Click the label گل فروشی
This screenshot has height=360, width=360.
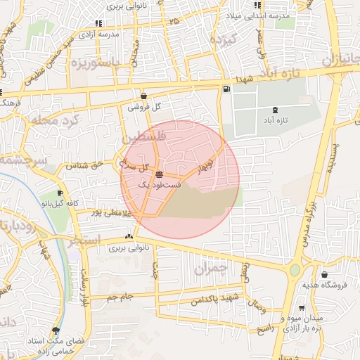(x=143, y=108)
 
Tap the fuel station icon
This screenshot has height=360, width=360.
(x=226, y=89)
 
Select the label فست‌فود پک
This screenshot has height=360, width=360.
(x=160, y=184)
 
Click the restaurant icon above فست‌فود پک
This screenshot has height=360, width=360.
(x=160, y=174)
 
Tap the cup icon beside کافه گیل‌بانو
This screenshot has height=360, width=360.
(x=60, y=193)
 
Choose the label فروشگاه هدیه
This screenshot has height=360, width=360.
(x=330, y=285)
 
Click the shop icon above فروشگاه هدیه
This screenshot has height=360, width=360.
(x=324, y=275)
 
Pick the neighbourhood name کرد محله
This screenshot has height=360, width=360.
(x=57, y=120)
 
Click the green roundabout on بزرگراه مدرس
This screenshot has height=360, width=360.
(x=294, y=270)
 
